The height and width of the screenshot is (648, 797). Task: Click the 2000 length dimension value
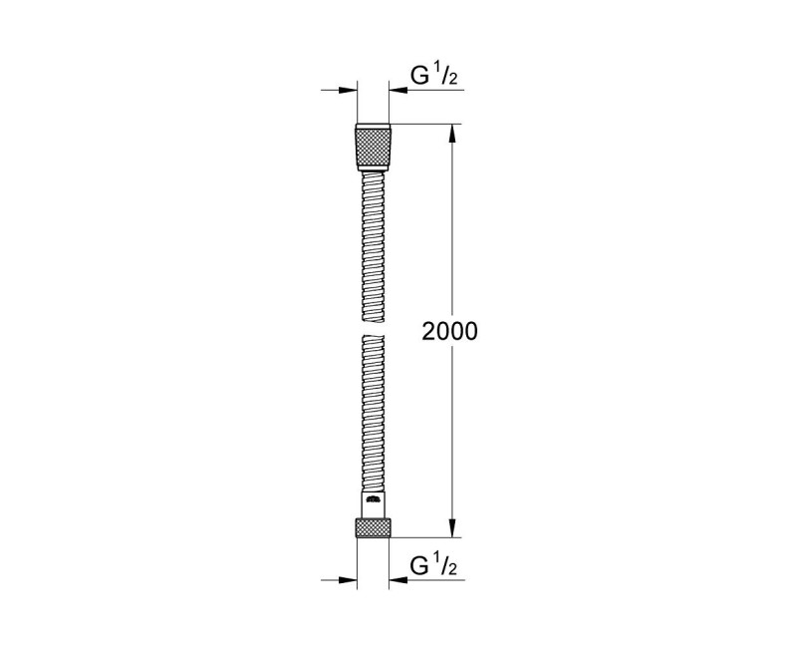point(451,332)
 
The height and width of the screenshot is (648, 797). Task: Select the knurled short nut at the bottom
point(374,526)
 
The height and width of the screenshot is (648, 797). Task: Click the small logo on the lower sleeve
point(374,498)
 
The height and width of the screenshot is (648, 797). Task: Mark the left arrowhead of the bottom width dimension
point(350,579)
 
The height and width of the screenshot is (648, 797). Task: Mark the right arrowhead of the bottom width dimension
point(398,579)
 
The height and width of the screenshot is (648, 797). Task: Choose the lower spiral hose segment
point(374,414)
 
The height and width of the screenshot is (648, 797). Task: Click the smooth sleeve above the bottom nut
point(374,504)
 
